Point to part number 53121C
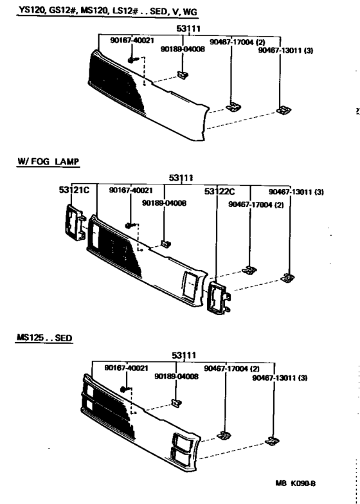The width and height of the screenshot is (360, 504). (x=73, y=191)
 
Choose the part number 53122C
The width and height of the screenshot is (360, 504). (x=220, y=192)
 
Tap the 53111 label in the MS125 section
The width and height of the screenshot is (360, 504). (x=184, y=355)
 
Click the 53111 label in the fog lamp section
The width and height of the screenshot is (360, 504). (x=183, y=177)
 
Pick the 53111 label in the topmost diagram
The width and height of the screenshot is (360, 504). (x=190, y=29)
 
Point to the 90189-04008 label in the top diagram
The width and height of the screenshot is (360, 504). (x=179, y=48)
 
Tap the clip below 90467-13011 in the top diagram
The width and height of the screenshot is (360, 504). (x=281, y=111)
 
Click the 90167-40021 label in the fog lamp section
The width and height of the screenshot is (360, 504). (x=130, y=190)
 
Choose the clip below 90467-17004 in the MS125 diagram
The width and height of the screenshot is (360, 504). (x=224, y=435)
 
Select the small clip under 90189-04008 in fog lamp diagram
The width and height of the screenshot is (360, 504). (x=165, y=244)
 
